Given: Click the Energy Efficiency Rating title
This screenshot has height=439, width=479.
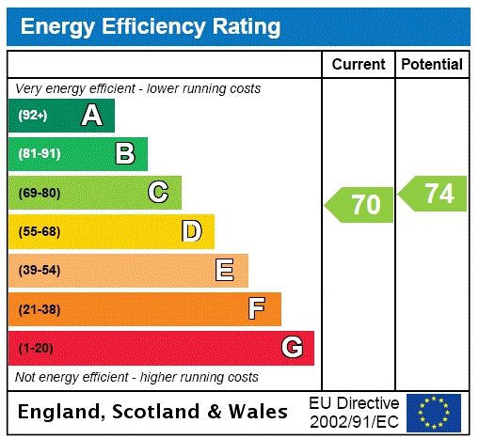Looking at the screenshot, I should click(x=151, y=26).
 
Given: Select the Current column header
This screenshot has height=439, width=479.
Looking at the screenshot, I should click(x=359, y=64).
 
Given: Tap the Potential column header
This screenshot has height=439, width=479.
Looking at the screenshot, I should click(x=432, y=64).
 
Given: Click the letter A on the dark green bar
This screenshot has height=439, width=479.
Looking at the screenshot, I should click(x=91, y=116).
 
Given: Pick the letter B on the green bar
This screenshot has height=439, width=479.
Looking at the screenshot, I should click(x=124, y=154).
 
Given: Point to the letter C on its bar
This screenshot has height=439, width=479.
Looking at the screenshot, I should click(x=158, y=193).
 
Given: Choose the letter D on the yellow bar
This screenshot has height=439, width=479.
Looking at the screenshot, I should click(x=191, y=231).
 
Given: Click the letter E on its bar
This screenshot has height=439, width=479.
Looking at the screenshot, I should click(x=225, y=271).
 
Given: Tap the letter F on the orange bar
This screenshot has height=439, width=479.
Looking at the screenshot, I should click(x=257, y=309).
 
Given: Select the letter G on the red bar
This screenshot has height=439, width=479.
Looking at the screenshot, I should click(x=292, y=348).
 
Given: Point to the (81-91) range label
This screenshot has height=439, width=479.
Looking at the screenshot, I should click(x=39, y=154).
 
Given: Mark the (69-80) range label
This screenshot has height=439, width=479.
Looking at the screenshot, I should click(x=39, y=193).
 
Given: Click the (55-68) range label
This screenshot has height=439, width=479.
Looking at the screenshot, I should click(x=39, y=231).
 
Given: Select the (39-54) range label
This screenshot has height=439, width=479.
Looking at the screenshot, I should click(x=39, y=271).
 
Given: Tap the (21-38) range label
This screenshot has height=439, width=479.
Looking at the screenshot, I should click(x=39, y=309).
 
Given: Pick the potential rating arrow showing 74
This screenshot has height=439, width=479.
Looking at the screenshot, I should click(x=434, y=194).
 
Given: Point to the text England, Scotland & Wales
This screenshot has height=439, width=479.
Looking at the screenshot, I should click(x=153, y=412).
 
